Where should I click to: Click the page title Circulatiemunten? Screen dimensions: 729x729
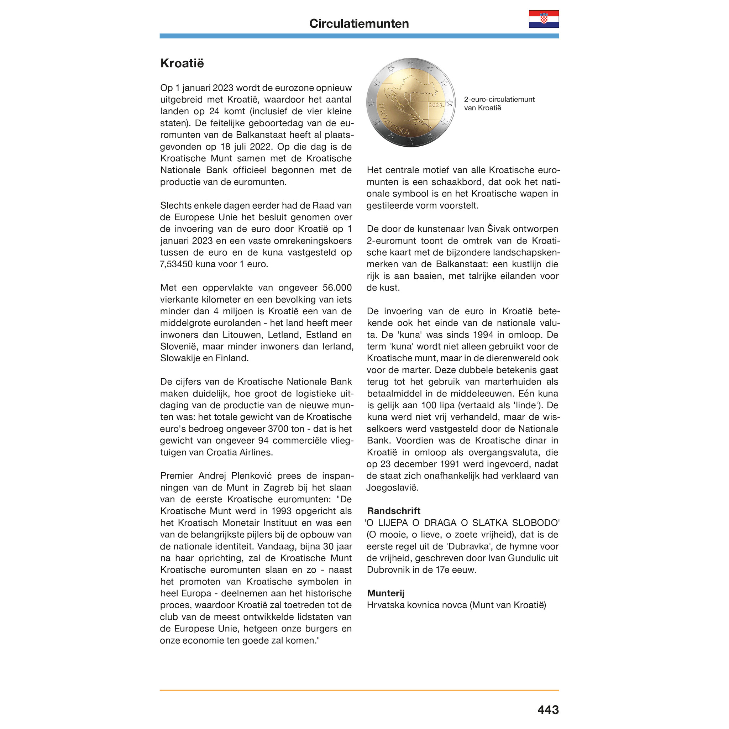[x=359, y=23]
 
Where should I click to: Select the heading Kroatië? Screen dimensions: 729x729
[x=182, y=63]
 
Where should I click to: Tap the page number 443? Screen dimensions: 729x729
[x=548, y=710]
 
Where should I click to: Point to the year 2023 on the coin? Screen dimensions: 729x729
[x=436, y=105]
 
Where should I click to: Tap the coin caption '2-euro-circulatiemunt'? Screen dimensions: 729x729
[x=499, y=99]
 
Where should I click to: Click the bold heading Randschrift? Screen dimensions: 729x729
[x=393, y=511]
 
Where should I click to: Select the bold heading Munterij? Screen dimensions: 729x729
[x=385, y=593]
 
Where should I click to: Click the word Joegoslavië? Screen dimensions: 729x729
[x=392, y=488]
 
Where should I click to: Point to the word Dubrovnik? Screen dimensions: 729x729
[x=388, y=570]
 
